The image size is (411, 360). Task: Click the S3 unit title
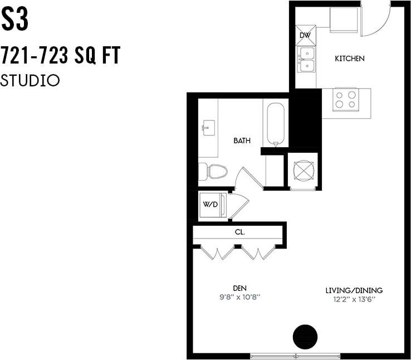click(14, 20)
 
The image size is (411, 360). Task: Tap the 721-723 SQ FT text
click(60, 56)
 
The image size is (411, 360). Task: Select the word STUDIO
click(30, 80)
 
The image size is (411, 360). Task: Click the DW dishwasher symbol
click(305, 35)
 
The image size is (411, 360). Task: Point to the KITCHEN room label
click(349, 59)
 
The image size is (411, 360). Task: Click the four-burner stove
click(345, 100)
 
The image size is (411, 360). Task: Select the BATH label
click(242, 141)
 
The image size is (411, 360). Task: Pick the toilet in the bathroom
click(213, 171)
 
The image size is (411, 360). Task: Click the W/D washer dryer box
click(211, 205)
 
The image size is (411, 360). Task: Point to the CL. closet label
click(239, 232)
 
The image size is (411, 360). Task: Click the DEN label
click(239, 288)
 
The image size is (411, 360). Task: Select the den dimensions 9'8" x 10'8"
click(239, 297)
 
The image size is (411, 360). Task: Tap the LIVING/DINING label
click(354, 290)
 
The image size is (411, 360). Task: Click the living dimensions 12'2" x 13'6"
click(354, 299)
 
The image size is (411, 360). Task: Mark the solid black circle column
click(305, 336)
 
